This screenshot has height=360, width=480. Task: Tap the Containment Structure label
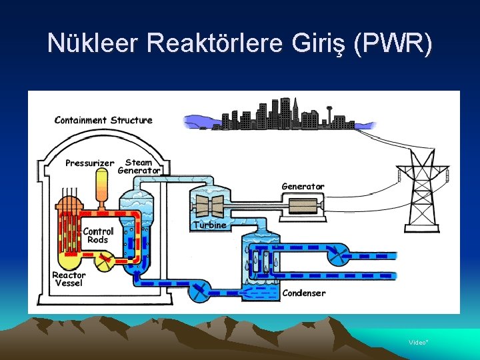(103, 121)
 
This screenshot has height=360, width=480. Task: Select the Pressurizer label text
(89, 163)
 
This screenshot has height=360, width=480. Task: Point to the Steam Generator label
(139, 166)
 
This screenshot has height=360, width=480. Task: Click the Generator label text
(303, 187)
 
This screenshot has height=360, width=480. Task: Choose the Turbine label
(210, 225)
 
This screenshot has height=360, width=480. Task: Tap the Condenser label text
(304, 293)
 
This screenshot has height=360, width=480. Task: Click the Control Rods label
(98, 235)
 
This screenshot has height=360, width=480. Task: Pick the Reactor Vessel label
(69, 279)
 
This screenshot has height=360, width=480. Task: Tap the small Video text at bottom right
(418, 342)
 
